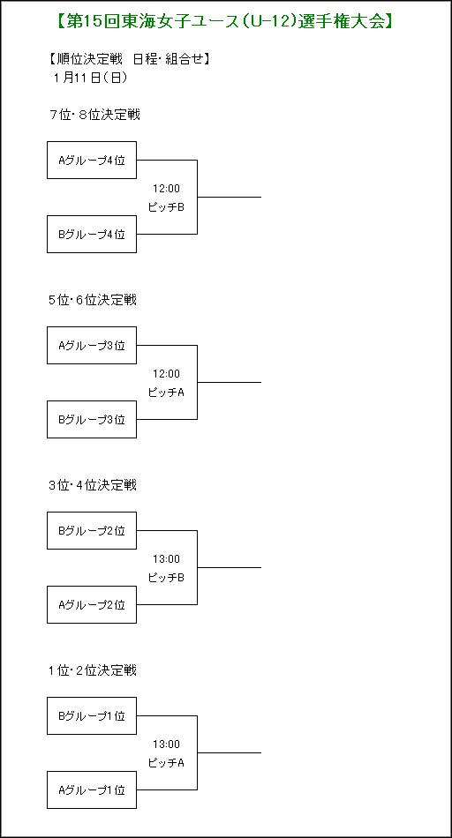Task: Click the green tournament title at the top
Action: [225, 21]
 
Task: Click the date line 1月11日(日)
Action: [90, 78]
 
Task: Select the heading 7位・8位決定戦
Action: [94, 115]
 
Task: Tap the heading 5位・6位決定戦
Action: [93, 300]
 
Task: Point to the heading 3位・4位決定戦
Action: [93, 485]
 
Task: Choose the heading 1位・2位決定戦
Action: [93, 670]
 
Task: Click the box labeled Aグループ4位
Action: [92, 160]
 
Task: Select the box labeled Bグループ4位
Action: [92, 234]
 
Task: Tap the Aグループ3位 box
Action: [92, 345]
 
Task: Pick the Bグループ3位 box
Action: [92, 420]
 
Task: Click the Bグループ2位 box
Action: [92, 531]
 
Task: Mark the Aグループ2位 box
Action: [92, 604]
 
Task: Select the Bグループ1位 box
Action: [92, 715]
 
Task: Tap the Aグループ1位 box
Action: [92, 789]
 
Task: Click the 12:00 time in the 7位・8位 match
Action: [166, 188]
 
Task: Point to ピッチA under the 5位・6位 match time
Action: [166, 393]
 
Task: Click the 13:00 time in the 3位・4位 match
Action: [166, 559]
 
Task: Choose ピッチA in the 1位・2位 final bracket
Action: [166, 763]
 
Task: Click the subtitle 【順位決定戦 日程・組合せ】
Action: [129, 59]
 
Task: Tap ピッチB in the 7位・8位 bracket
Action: [166, 206]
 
